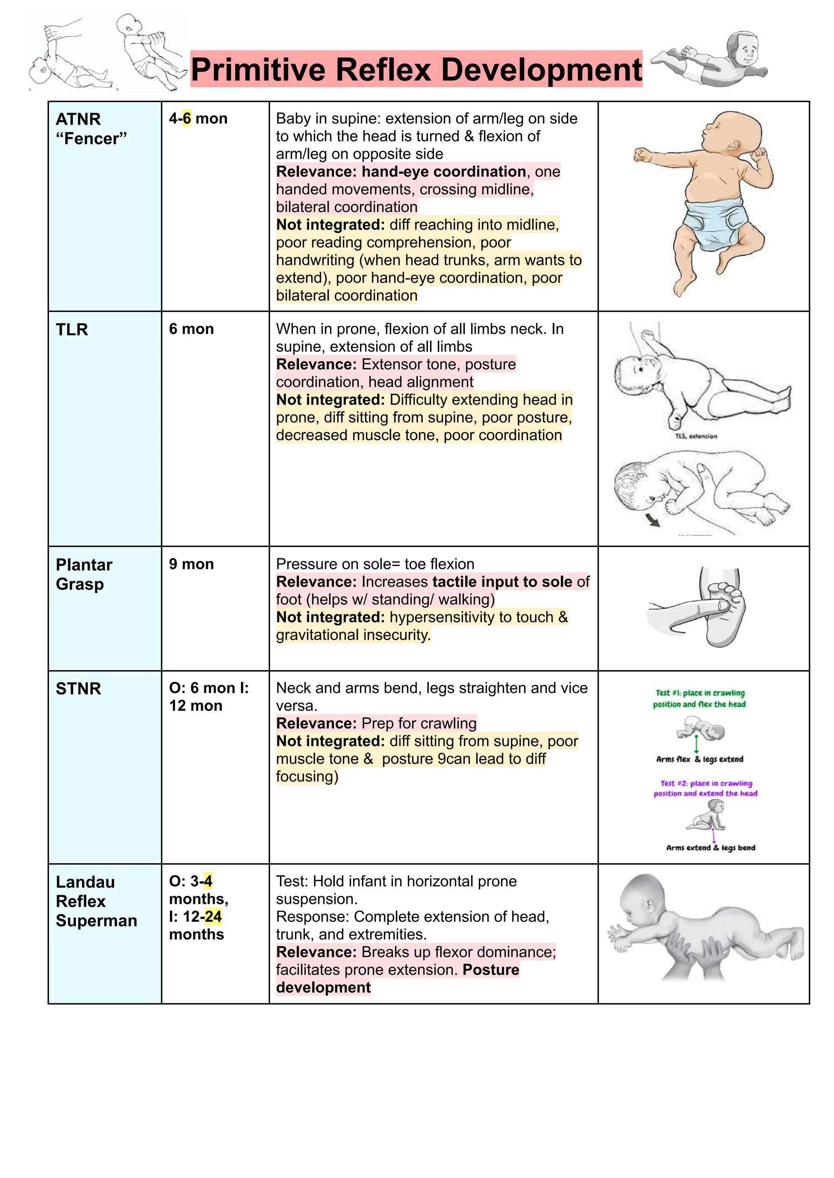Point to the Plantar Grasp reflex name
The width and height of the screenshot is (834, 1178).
point(84,574)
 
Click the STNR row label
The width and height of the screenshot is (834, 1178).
point(78,689)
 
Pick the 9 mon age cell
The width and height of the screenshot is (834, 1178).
point(191,564)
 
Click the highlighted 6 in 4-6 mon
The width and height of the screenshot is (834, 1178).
point(187,118)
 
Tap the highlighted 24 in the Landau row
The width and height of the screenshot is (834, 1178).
point(213,916)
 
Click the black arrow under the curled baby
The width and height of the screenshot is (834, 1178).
point(653,521)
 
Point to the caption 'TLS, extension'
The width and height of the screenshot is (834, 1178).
point(696,436)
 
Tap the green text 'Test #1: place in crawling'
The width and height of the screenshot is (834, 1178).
point(700,693)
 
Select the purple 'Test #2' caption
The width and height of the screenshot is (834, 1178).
point(706,788)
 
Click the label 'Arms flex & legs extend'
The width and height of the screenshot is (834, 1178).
point(700,759)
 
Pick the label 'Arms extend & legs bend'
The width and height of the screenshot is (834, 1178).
point(711,848)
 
